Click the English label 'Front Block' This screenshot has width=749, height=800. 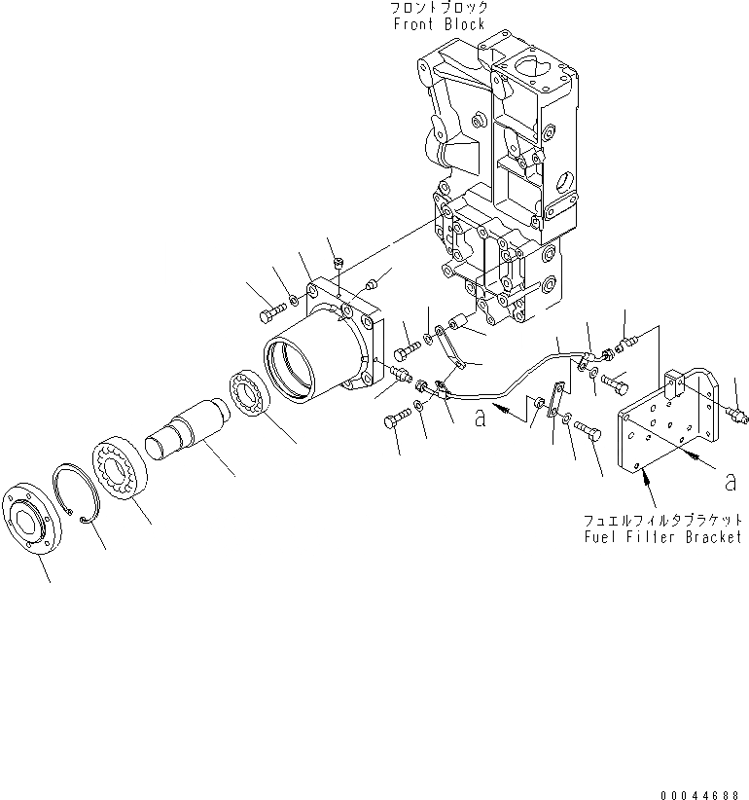439,24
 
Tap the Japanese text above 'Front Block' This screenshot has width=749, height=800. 439,8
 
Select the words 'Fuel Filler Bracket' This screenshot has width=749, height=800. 663,536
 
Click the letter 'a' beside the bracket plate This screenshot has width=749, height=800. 730,480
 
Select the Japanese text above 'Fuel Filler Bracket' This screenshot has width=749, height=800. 663,520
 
